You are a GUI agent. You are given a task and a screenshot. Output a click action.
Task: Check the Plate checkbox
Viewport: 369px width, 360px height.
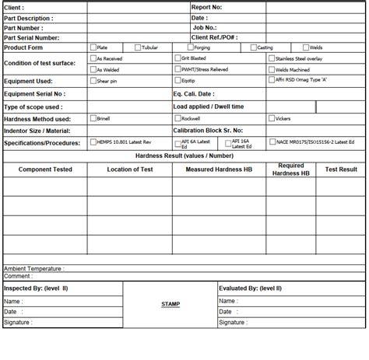[x=93, y=47]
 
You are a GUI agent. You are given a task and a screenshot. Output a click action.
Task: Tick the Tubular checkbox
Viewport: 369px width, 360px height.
[x=138, y=47]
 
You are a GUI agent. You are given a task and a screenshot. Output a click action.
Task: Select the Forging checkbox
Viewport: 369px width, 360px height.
[x=190, y=47]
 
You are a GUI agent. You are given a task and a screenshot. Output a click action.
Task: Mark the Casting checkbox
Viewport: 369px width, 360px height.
[x=253, y=47]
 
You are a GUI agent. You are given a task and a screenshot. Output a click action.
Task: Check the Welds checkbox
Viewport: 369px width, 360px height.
[x=306, y=47]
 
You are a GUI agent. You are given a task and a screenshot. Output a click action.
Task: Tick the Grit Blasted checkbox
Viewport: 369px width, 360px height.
[x=177, y=58]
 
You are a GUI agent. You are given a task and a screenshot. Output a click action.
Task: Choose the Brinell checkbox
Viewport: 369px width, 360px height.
[x=93, y=119]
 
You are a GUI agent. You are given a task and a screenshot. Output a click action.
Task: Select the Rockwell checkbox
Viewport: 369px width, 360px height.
[x=177, y=119]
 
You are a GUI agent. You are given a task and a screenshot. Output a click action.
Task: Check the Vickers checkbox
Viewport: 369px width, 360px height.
[x=271, y=119]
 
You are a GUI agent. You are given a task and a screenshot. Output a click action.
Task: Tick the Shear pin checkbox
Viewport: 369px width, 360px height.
[x=93, y=80]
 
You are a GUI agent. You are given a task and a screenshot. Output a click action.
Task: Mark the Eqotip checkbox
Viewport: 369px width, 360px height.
[x=177, y=80]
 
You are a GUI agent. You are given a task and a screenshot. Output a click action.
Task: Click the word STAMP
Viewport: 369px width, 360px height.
[x=170, y=304]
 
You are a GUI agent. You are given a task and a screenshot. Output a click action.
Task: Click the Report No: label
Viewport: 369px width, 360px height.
[x=206, y=6]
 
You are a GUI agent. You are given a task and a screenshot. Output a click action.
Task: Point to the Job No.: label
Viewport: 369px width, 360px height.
[x=204, y=27]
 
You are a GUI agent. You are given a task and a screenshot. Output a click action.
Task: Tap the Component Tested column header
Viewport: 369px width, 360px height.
[x=45, y=169]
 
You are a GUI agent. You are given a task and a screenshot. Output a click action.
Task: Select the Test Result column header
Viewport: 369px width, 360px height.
[x=341, y=169]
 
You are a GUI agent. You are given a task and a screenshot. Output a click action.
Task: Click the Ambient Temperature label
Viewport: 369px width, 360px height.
[x=34, y=268]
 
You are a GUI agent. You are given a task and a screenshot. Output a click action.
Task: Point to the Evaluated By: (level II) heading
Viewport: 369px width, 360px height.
[x=251, y=288]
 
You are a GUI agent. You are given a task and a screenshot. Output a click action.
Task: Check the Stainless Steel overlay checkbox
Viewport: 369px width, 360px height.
[x=271, y=58]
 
